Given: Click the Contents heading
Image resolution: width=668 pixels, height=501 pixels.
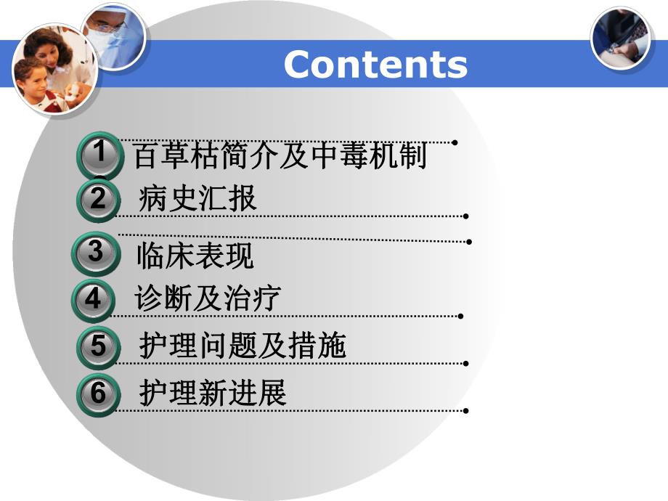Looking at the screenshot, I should (375, 65).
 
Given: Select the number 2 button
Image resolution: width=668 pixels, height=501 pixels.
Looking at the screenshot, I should (98, 198).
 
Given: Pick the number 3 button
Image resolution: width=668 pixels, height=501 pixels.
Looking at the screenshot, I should (97, 252).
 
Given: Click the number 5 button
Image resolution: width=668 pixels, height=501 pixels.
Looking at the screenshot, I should (98, 346).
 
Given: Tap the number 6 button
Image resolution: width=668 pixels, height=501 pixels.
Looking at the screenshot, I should (98, 394).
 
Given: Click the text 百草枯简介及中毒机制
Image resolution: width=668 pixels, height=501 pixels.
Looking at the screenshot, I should (280, 156).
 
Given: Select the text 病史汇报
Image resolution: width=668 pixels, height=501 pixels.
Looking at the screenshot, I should (197, 199).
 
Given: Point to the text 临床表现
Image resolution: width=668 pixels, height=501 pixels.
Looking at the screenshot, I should (195, 256).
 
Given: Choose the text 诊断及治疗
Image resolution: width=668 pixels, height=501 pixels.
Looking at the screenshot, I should (208, 298).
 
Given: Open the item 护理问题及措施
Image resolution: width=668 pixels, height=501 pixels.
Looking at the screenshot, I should (243, 346).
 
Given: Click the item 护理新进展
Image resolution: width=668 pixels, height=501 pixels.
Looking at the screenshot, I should (213, 394).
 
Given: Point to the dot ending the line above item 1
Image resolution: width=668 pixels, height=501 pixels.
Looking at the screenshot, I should (455, 142).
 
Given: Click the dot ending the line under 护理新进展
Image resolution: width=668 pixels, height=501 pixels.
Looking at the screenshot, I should (465, 411).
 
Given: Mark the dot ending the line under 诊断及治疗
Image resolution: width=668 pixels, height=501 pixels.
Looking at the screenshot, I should (461, 316).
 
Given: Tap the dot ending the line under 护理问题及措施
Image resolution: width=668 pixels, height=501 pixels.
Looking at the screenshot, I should (465, 362).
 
